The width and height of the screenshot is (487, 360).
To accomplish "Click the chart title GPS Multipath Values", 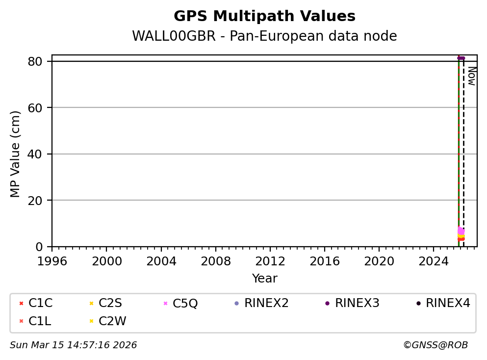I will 264,16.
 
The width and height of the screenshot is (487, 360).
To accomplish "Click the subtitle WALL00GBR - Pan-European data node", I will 264,36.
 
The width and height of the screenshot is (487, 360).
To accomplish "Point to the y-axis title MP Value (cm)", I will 16,154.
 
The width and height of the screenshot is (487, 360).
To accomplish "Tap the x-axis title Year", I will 264,279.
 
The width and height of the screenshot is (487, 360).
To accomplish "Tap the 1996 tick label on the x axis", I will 52,260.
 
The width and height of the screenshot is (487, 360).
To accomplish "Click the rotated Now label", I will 471,76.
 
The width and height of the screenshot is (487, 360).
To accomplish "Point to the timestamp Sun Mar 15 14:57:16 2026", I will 74,345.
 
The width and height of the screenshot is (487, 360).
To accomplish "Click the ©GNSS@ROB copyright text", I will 436,345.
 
